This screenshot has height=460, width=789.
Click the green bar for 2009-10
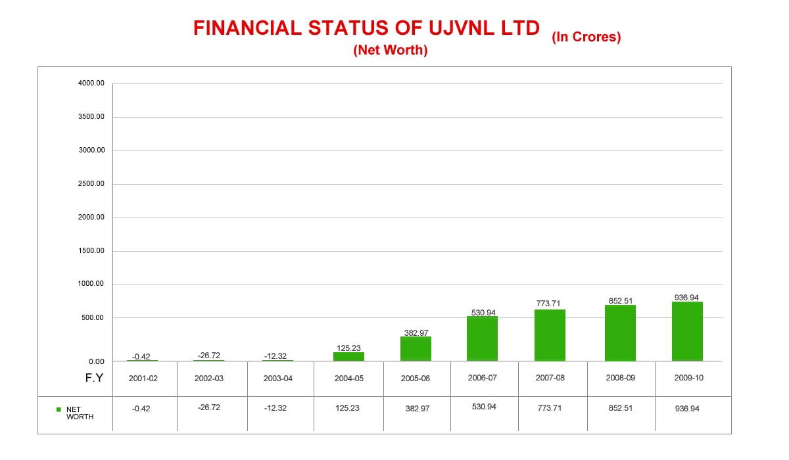pos(687,331)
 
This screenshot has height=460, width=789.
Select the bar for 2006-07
pos(482,338)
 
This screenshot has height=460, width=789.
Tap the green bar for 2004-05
pos(348,356)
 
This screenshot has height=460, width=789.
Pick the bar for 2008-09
pos(620,333)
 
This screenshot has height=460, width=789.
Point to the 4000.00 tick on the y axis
pos(91,83)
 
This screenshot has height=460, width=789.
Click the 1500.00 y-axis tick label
pos(91,251)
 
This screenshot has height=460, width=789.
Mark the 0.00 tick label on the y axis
pos(97,361)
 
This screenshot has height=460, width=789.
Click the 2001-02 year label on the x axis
pos(143,379)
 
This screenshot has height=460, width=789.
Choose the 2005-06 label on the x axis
pos(415,379)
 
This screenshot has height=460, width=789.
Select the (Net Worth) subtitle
pos(391,50)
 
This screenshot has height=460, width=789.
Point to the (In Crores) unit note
pos(586,37)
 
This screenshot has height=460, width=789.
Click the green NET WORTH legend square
pos(59,409)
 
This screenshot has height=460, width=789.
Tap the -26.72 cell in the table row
pos(209,407)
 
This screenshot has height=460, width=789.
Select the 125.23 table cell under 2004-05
pos(347,408)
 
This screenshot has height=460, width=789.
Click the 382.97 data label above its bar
pos(416,333)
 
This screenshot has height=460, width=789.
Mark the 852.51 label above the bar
pos(620,301)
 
